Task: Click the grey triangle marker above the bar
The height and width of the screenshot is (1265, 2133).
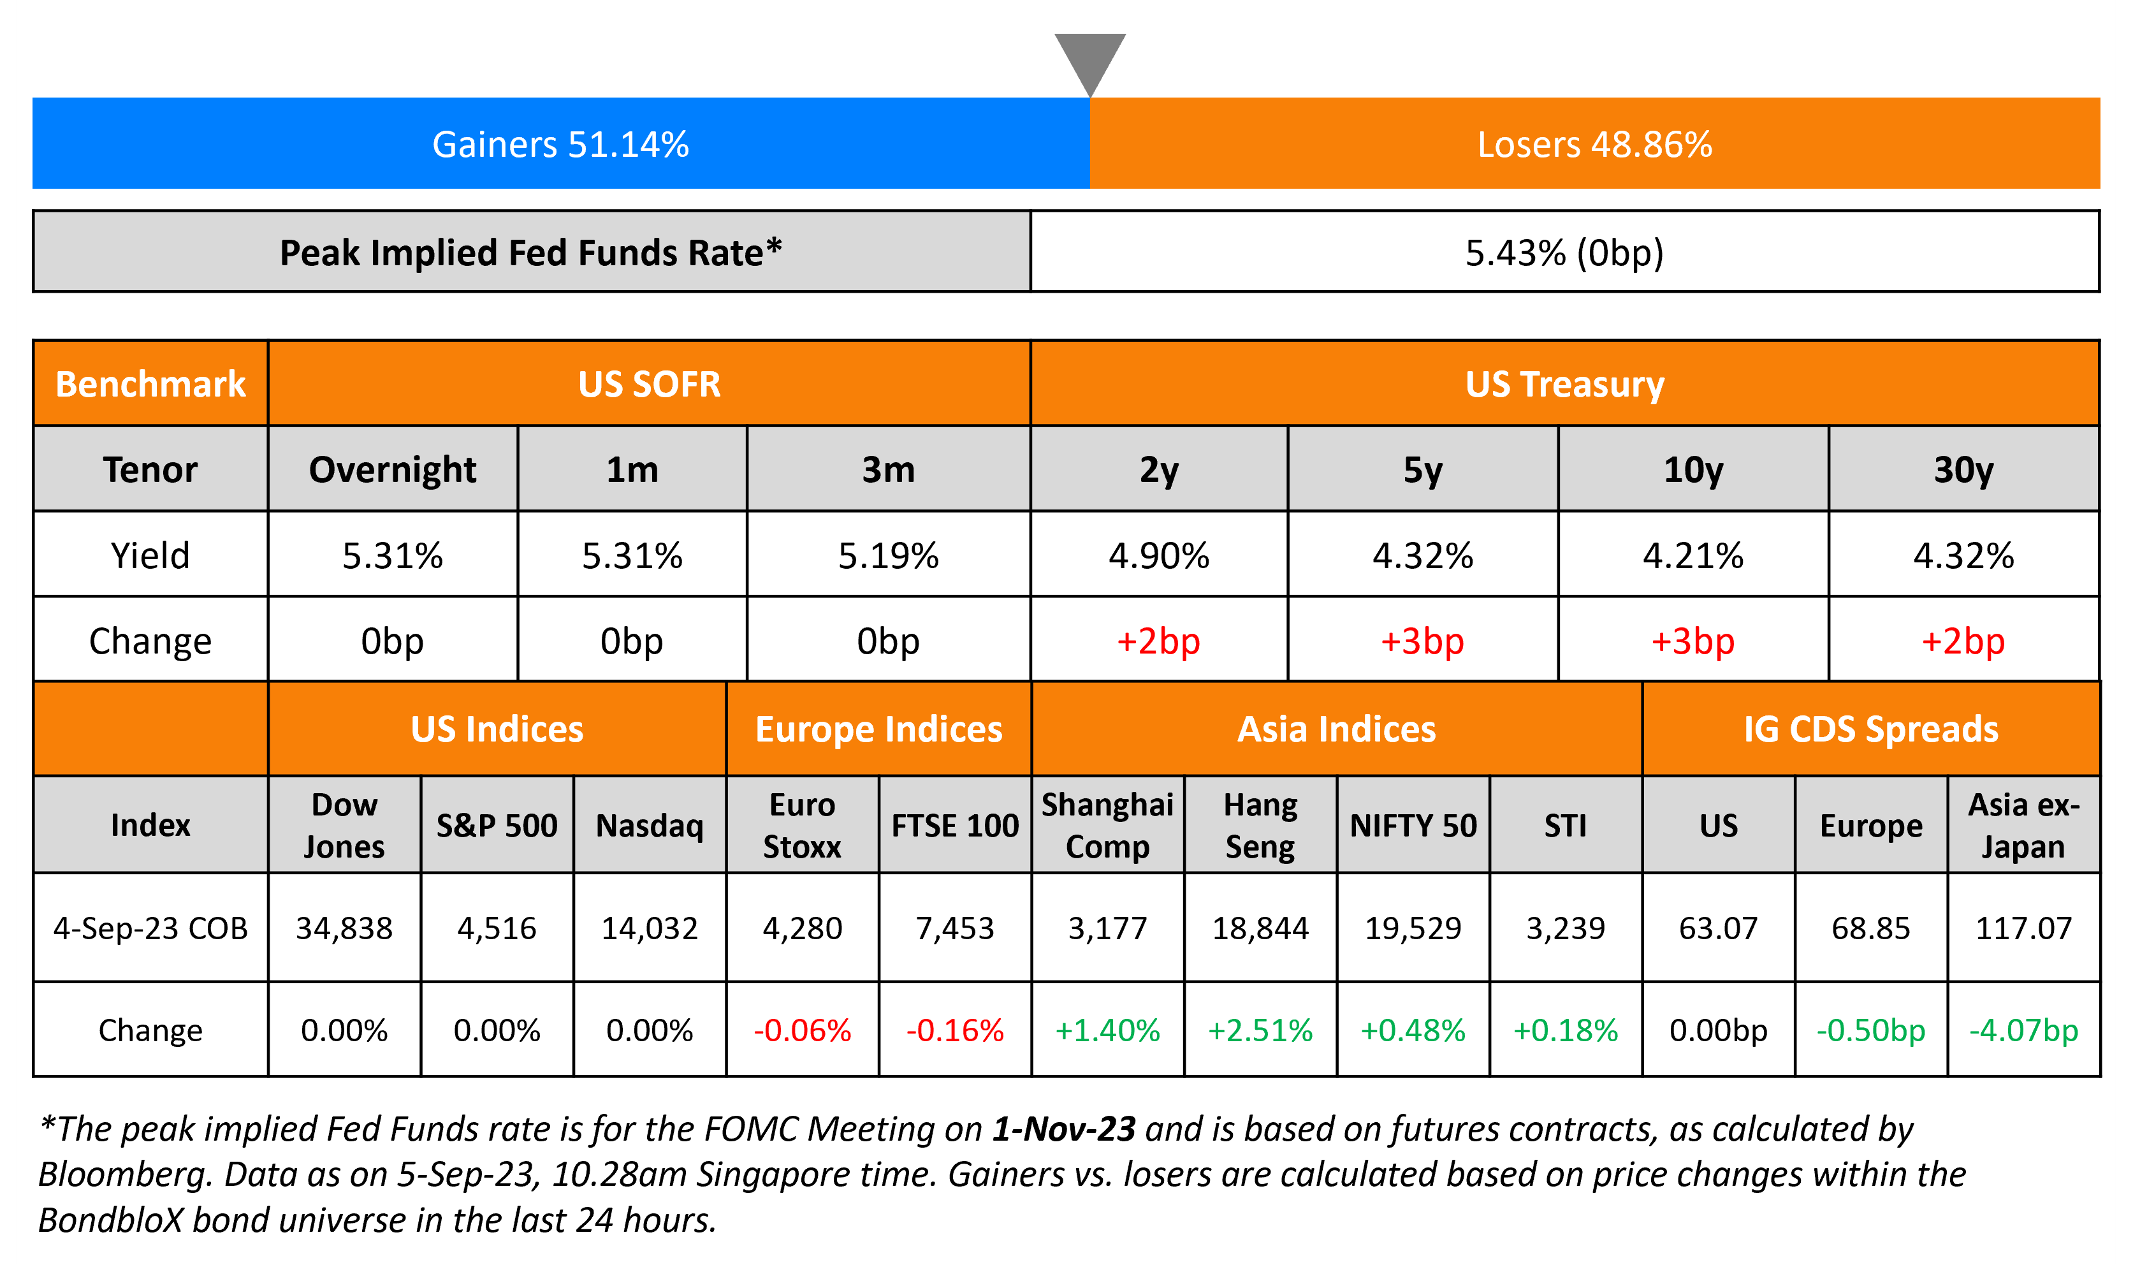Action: pyautogui.click(x=1090, y=58)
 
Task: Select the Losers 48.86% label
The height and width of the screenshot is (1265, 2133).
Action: pyautogui.click(x=1594, y=144)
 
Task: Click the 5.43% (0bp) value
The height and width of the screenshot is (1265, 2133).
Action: pyautogui.click(x=1564, y=252)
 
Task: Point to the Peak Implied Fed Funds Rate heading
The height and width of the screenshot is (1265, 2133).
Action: pyautogui.click(x=531, y=252)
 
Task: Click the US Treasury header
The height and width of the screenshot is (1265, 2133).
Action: pyautogui.click(x=1564, y=384)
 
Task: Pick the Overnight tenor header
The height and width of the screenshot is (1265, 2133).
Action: pyautogui.click(x=392, y=470)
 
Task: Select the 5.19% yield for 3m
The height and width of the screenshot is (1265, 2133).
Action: pyautogui.click(x=888, y=556)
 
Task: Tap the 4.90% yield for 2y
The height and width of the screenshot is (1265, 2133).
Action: pyautogui.click(x=1158, y=556)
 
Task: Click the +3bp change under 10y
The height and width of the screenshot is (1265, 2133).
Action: pyautogui.click(x=1693, y=641)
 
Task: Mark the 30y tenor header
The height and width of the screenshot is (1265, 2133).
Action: pyautogui.click(x=1963, y=470)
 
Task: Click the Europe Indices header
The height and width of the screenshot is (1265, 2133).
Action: pyautogui.click(x=878, y=729)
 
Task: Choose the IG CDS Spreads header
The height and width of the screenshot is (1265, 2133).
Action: pyautogui.click(x=1870, y=729)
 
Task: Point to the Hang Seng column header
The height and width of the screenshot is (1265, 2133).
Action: pyautogui.click(x=1260, y=825)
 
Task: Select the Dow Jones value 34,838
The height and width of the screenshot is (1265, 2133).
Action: pyautogui.click(x=344, y=928)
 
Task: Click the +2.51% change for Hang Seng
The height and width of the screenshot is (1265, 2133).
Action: pyautogui.click(x=1260, y=1030)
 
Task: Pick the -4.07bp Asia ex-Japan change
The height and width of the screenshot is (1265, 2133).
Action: pyautogui.click(x=2023, y=1030)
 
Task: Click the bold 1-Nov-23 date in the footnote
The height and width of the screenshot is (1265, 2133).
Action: pyautogui.click(x=1063, y=1129)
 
